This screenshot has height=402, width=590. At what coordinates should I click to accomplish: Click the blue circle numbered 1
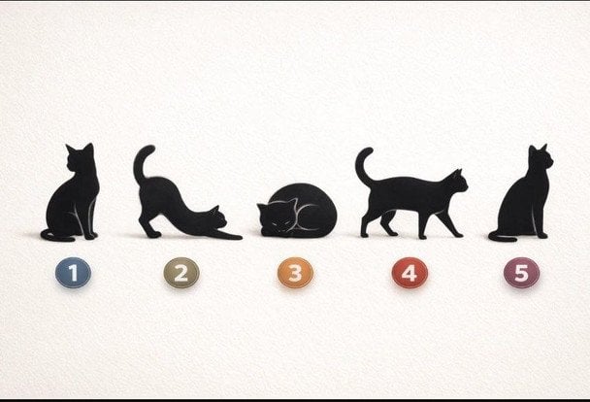73,273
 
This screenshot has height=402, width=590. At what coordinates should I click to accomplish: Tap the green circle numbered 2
181,273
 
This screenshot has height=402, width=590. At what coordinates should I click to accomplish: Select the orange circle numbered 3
295,273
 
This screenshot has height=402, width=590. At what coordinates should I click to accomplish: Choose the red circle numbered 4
410,273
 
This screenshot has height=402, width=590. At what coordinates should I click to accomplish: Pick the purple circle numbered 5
521,273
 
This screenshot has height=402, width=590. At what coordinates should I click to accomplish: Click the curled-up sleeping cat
297,211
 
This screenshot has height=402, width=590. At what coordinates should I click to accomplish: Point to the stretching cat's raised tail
140,162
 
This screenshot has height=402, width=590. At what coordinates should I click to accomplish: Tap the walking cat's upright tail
362,166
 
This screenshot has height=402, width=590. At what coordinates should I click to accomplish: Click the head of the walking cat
456,182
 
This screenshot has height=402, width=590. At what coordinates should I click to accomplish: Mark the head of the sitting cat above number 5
541,159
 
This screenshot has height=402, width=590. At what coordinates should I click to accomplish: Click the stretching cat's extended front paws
226,235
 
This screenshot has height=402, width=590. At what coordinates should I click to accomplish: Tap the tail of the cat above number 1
56,236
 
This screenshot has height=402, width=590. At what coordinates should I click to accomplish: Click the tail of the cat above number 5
502,237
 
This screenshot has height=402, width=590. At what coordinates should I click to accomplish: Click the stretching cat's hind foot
153,234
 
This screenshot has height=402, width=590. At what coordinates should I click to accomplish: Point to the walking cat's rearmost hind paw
364,235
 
